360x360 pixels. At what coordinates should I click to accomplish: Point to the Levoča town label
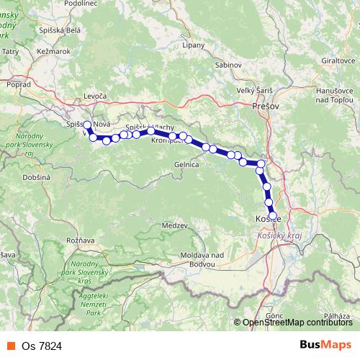tap(94, 96)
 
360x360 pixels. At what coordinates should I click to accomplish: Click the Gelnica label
tap(186, 164)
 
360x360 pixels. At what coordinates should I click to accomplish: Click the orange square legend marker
tap(9, 345)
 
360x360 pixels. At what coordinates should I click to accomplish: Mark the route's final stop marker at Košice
tap(272, 215)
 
